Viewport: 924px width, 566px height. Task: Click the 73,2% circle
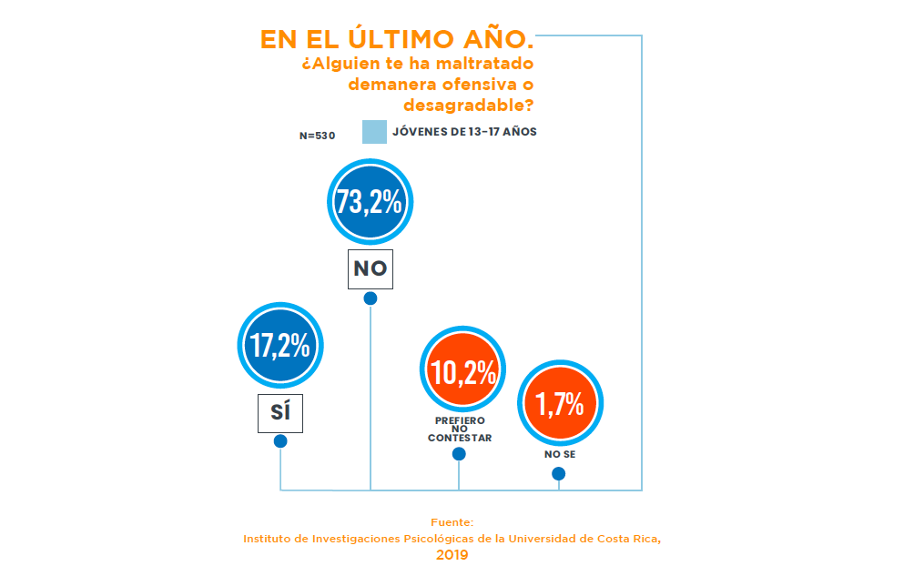point(369,202)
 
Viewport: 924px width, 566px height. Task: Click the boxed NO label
point(370,268)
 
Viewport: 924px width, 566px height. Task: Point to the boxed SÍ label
point(279,413)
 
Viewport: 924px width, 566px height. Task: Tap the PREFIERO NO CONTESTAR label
point(460,430)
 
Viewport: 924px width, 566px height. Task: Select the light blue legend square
point(374,132)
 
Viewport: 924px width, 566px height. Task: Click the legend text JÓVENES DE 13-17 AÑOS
point(464,132)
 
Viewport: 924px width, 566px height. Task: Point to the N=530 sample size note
point(318,136)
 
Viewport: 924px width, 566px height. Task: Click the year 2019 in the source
point(452,553)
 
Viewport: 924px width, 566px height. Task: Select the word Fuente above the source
point(452,522)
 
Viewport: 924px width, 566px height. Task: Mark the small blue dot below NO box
point(371,298)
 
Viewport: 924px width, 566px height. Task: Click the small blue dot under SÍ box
point(280,441)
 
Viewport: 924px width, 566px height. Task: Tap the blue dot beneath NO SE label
point(559,473)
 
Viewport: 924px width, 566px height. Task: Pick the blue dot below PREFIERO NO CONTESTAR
point(459,454)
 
